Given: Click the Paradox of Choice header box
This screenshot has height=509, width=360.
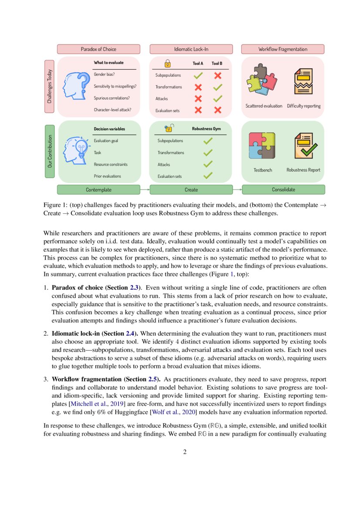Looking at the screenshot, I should click(98, 49).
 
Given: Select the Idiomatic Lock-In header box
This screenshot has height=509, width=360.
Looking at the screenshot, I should click(191, 49).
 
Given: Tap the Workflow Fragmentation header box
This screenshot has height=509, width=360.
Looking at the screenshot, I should click(283, 49).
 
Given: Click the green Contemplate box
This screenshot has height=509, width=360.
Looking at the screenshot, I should click(98, 190).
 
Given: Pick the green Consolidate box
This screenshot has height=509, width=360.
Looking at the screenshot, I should click(283, 189).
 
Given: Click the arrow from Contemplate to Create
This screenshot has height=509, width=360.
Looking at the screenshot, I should click(145, 190).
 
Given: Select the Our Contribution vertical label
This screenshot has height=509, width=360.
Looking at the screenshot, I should click(50, 151).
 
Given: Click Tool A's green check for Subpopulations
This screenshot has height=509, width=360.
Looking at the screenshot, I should click(198, 75).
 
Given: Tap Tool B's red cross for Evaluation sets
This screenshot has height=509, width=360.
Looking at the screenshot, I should click(218, 110).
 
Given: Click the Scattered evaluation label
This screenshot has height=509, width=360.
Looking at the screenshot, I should click(264, 106).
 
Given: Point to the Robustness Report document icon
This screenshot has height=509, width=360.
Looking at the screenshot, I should click(305, 146).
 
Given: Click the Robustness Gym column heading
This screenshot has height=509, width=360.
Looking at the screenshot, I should click(206, 129).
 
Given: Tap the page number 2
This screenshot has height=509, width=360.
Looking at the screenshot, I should click(185, 452).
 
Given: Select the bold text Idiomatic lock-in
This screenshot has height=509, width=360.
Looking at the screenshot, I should click(76, 333).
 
